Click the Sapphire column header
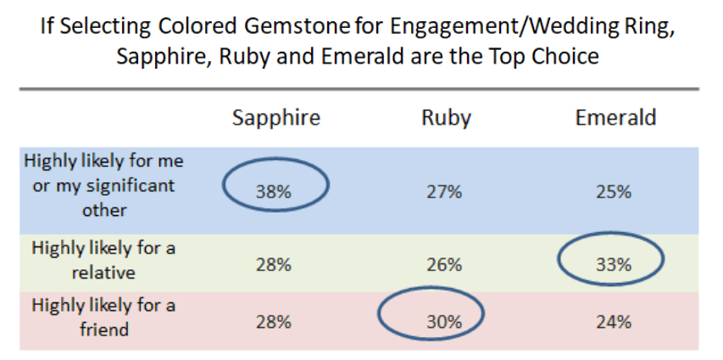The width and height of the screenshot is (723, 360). (x=276, y=118)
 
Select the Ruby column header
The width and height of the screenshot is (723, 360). (x=446, y=118)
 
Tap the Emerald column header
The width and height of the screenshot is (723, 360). (x=615, y=118)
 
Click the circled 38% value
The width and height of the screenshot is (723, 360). (x=274, y=191)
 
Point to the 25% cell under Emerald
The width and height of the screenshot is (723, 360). (x=614, y=191)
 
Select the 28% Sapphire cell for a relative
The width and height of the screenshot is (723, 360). (x=274, y=265)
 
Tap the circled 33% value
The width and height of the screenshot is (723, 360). (x=614, y=264)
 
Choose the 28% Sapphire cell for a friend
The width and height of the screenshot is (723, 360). (x=274, y=322)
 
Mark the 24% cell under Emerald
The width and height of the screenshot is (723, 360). (x=614, y=322)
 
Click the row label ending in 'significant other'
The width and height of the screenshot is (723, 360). (x=104, y=186)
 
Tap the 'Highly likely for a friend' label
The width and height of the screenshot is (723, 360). (x=104, y=317)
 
